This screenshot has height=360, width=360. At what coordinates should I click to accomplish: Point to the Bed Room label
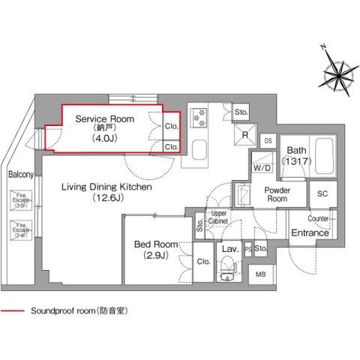[x=156, y=245]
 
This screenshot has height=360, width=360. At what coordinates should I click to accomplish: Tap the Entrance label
[x=309, y=233]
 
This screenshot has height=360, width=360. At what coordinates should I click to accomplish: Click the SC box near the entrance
[x=323, y=193]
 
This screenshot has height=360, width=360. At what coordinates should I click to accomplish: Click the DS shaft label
[x=268, y=139]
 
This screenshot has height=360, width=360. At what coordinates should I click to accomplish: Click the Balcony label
[x=19, y=175]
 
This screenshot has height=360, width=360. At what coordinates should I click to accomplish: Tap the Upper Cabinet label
[x=218, y=217]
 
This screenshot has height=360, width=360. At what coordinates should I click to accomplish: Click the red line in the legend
[x=13, y=310]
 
